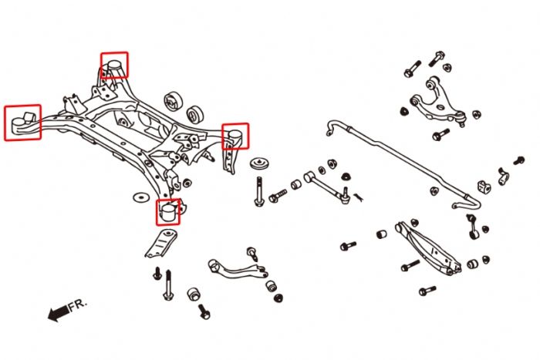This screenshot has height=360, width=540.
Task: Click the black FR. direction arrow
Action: coord(57,313)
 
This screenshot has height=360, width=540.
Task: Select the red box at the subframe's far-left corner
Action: coord(23,123)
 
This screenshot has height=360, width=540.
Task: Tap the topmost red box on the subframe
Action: coord(114,65)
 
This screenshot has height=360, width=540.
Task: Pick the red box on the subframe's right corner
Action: coord(235,136)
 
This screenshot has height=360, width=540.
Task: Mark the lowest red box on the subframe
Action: coord(168,211)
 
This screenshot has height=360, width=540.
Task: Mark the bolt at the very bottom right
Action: coord(427,291)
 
